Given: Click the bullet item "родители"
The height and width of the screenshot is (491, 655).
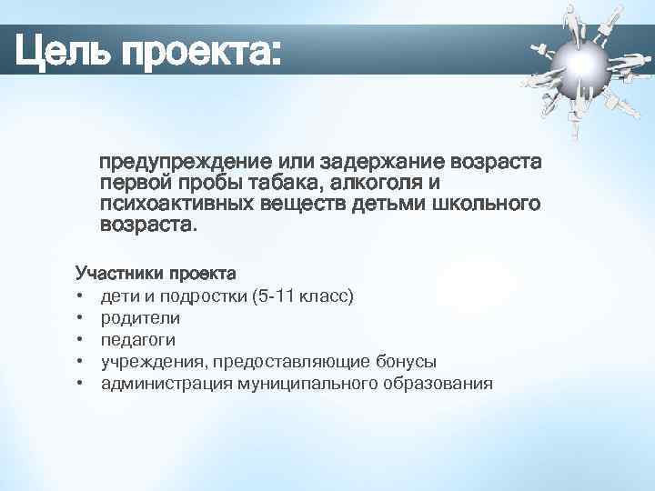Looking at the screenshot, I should pyautogui.click(x=140, y=318).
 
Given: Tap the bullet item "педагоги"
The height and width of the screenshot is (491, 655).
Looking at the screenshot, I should pyautogui.click(x=138, y=340).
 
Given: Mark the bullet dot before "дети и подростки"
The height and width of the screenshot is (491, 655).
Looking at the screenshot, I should pyautogui.click(x=81, y=297).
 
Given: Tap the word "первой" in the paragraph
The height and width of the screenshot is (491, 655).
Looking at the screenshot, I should pyautogui.click(x=136, y=184).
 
